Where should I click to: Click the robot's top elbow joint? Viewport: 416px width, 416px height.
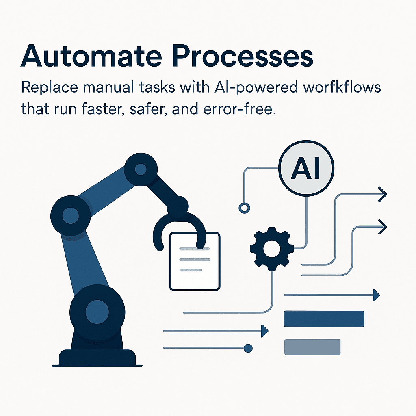(x=141, y=169)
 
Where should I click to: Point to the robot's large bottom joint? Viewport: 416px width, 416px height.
(x=97, y=311)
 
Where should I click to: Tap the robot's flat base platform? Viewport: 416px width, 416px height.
(x=97, y=357)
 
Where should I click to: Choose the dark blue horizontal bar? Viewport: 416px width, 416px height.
(x=324, y=318)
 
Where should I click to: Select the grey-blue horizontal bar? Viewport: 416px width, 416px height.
(x=312, y=347)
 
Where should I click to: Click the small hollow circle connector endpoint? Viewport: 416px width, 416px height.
(x=244, y=208)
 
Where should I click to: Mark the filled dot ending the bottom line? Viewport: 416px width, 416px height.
(x=248, y=348)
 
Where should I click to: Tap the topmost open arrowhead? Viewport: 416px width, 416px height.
(x=382, y=194)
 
